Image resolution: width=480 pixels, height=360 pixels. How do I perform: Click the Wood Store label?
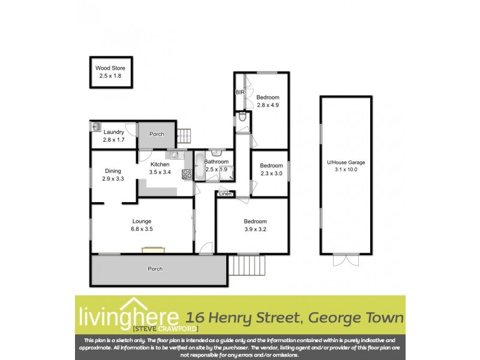[x=111, y=72]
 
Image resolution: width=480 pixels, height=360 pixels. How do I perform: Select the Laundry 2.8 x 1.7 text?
[x=113, y=136]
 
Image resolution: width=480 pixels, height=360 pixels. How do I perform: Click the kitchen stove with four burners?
[x=187, y=175]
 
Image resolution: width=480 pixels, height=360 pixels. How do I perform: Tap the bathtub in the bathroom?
[x=200, y=166]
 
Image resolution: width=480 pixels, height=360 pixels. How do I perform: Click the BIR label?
[x=239, y=92]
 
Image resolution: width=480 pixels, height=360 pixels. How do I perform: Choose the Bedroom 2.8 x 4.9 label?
[x=268, y=101]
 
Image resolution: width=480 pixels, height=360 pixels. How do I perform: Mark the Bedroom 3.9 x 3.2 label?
[x=255, y=225]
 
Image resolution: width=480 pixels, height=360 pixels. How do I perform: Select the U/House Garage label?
[x=346, y=166]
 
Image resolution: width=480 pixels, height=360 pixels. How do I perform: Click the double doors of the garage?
[x=346, y=260]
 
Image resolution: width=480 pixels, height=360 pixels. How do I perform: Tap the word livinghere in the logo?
[x=128, y=316]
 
